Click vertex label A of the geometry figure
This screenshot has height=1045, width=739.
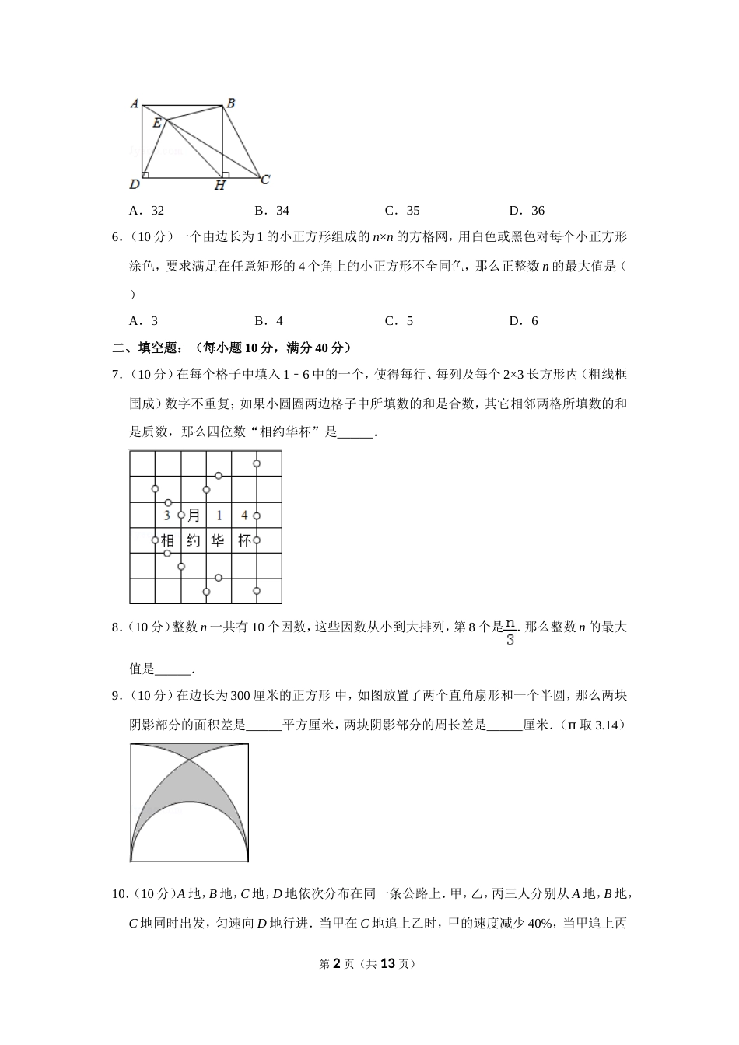pos(134,103)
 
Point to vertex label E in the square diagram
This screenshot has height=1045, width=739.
pos(157,122)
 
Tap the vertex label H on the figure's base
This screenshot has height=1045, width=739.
pos(220,186)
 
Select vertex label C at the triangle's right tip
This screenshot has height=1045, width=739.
pos(265,180)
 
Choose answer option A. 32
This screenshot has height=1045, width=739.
pos(147,210)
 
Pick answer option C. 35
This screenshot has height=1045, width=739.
pos(402,210)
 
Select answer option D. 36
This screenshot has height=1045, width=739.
pos(527,210)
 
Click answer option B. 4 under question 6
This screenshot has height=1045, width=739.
pos(268,320)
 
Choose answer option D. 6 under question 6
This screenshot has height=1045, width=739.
pos(524,320)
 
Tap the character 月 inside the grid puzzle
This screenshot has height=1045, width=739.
pos(194,515)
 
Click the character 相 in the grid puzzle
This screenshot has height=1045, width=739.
pos(168,540)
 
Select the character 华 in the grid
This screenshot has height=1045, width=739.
pos(219,540)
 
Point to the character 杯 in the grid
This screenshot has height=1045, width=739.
pos(244,540)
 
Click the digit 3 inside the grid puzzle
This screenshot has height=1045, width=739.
pos(167,515)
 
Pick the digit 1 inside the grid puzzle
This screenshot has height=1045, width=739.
pos(219,515)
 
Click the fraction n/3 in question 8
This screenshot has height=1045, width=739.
pos(510,632)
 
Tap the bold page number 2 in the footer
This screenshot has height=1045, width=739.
pos(337,963)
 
